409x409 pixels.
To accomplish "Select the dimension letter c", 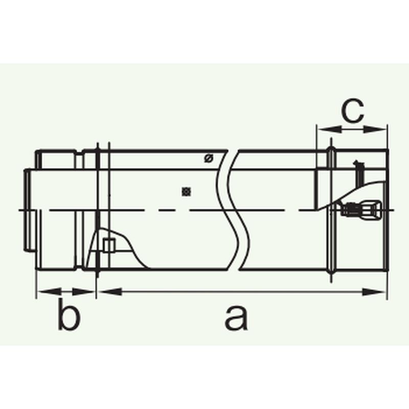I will pyautogui.click(x=352, y=111).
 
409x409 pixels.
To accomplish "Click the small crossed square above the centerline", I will pyautogui.click(x=187, y=192).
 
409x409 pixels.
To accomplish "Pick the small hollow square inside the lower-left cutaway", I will pyautogui.click(x=107, y=246).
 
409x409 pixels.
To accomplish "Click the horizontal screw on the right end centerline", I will pyautogui.click(x=360, y=209).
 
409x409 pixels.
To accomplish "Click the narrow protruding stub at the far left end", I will pyautogui.click(x=27, y=210).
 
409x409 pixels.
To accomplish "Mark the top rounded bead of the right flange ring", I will pyautogui.click(x=331, y=152).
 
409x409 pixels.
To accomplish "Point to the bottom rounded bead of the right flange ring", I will pyautogui.click(x=332, y=274).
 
